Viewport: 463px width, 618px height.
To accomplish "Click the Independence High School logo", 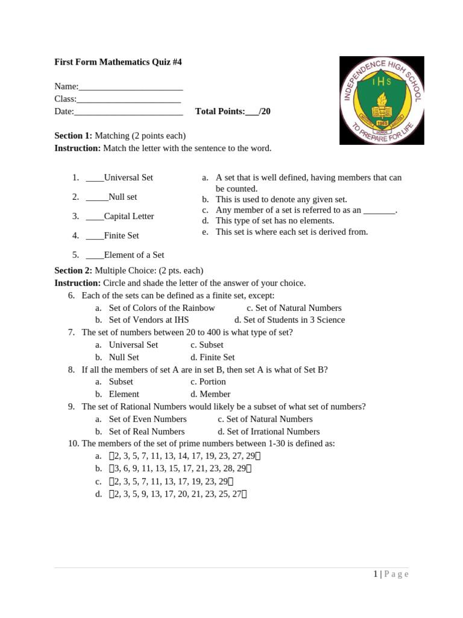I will (382, 100).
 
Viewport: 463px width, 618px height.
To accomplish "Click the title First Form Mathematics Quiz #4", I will (118, 62).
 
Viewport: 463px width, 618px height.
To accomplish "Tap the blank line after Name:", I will (131, 88).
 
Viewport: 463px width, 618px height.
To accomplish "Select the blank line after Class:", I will (128, 100).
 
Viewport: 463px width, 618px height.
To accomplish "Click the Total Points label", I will (220, 112).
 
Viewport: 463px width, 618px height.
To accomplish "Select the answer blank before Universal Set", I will (95, 178).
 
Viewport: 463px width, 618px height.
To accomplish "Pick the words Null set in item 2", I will (123, 197).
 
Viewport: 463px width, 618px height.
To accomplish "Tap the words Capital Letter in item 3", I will (129, 216).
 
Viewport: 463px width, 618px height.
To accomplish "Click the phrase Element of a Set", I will (134, 255).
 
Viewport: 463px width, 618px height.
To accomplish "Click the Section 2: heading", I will (74, 270).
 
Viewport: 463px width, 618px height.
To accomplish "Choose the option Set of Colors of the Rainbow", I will (162, 308).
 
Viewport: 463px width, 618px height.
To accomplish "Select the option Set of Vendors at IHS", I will (149, 320).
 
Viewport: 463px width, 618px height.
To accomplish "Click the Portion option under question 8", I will (213, 381).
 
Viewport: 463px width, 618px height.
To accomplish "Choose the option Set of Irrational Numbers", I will (273, 432).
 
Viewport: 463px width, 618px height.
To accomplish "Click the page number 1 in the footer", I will (375, 574).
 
